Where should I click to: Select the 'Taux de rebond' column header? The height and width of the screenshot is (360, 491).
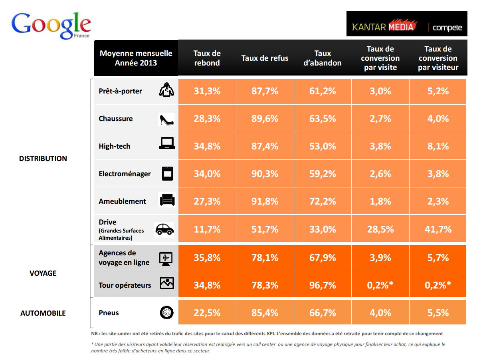pyautogui.click(x=207, y=58)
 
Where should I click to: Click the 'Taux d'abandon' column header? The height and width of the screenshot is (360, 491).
pyautogui.click(x=323, y=58)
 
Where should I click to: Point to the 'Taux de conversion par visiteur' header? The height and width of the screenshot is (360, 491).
pyautogui.click(x=438, y=58)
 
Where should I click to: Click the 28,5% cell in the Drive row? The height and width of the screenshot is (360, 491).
pyautogui.click(x=380, y=229)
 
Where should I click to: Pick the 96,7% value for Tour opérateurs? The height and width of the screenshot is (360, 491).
pyautogui.click(x=323, y=285)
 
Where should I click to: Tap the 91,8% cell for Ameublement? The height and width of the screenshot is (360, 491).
pyautogui.click(x=265, y=201)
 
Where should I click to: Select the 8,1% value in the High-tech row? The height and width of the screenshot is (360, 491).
pyautogui.click(x=438, y=146)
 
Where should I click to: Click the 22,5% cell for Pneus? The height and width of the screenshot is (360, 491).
pyautogui.click(x=207, y=313)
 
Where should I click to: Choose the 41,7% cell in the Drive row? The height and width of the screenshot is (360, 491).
pyautogui.click(x=438, y=229)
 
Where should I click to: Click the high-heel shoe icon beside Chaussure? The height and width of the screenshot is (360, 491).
pyautogui.click(x=166, y=119)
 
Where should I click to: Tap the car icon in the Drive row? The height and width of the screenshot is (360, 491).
pyautogui.click(x=164, y=229)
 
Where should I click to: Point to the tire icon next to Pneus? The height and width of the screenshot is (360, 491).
pyautogui.click(x=166, y=312)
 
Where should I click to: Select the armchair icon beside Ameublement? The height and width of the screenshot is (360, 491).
pyautogui.click(x=166, y=200)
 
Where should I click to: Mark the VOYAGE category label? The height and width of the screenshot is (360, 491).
pyautogui.click(x=43, y=273)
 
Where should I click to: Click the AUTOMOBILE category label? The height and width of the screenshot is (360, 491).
pyautogui.click(x=43, y=313)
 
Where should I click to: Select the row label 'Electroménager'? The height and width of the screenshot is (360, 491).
pyautogui.click(x=125, y=174)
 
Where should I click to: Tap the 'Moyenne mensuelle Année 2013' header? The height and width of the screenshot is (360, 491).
pyautogui.click(x=136, y=58)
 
